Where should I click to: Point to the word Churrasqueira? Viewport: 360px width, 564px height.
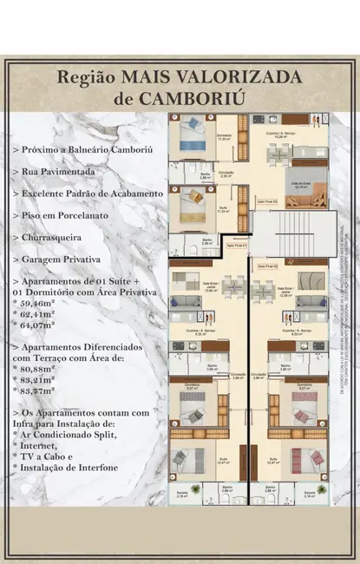(x=63, y=236)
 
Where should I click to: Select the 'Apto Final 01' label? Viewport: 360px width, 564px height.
(x=236, y=246)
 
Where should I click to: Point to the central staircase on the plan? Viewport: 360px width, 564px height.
(x=277, y=234)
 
